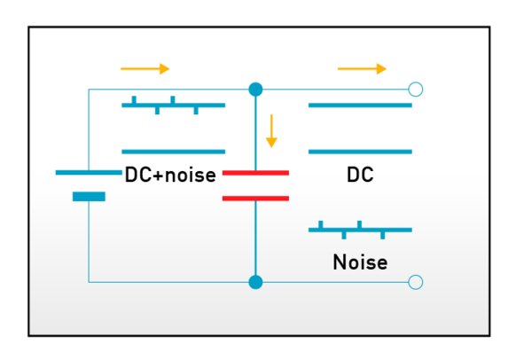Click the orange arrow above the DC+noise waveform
point(145,68)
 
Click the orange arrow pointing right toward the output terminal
point(362,68)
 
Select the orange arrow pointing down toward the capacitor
point(271,130)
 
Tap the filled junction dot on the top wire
point(255,90)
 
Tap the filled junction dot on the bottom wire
point(255,282)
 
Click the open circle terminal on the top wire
point(415,90)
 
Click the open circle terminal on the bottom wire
point(415,282)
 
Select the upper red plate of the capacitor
point(255,172)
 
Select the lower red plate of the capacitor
point(255,198)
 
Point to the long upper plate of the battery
point(89,172)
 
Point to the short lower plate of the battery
point(89,196)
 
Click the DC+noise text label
point(170,176)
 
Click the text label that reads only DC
point(360,176)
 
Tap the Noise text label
point(360,262)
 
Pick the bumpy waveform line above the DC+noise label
point(174,106)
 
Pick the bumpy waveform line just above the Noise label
point(360,230)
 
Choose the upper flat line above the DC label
point(360,106)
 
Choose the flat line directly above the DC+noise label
point(174,152)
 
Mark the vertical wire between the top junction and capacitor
point(255,133)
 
